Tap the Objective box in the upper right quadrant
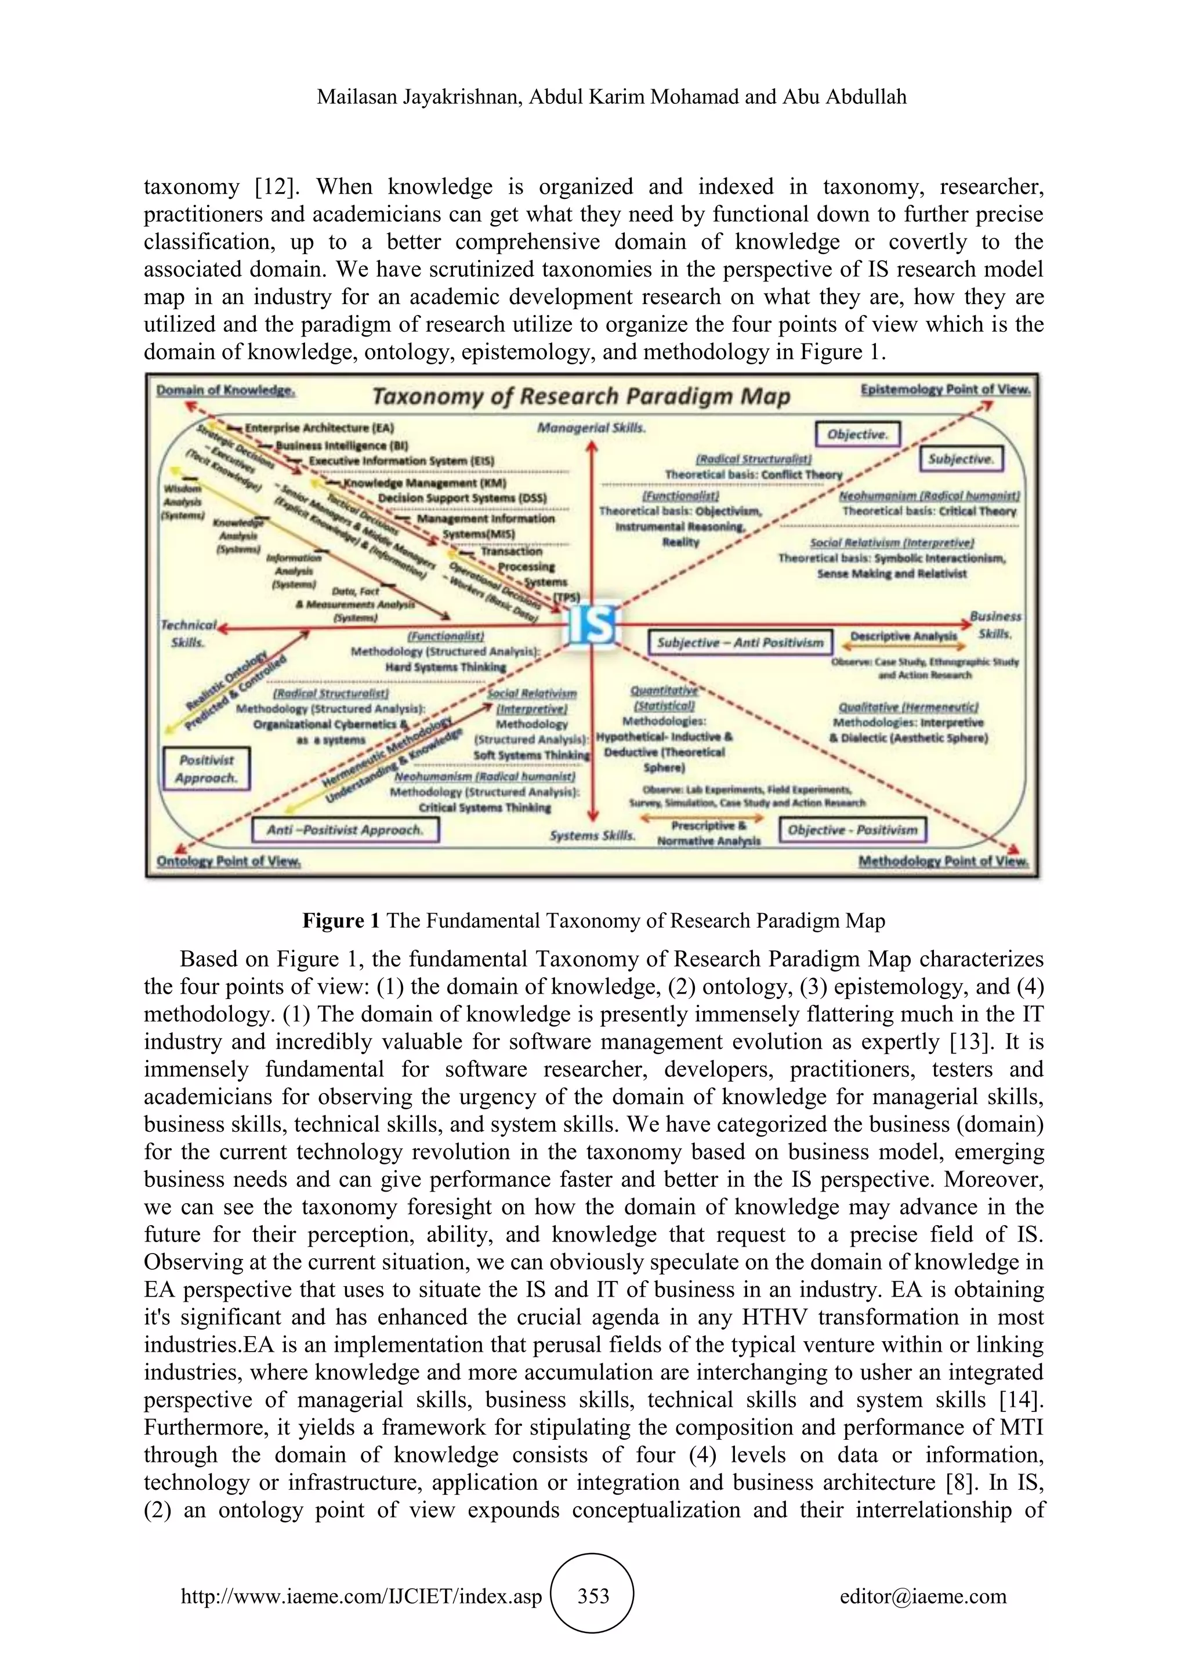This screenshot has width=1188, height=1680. (x=857, y=434)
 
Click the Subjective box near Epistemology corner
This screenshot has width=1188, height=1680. (x=961, y=459)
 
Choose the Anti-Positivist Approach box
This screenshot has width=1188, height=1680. (x=345, y=830)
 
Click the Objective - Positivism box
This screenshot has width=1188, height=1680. (x=852, y=830)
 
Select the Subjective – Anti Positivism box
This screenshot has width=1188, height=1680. (x=740, y=642)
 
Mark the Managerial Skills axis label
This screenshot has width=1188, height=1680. (x=591, y=428)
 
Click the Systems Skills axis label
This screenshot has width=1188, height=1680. (x=592, y=835)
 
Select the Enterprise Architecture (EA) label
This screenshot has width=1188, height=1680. (x=319, y=428)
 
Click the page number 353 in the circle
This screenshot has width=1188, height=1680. (x=593, y=1596)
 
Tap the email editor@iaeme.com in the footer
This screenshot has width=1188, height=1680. (x=922, y=1596)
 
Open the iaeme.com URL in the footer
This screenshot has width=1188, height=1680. (x=361, y=1596)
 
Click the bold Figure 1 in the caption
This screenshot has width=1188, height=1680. (x=341, y=921)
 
